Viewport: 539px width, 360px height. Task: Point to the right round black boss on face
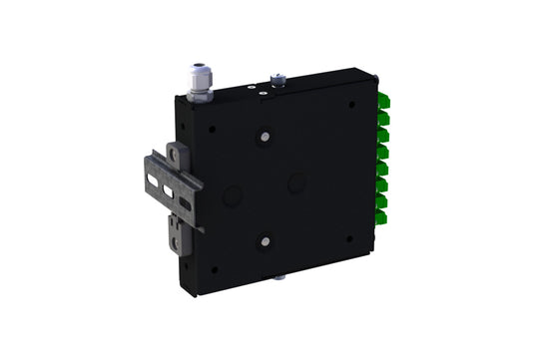pos(296,183)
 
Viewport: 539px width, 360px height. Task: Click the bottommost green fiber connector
pos(382,216)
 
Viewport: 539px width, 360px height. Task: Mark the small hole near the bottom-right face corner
pos(348,238)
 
